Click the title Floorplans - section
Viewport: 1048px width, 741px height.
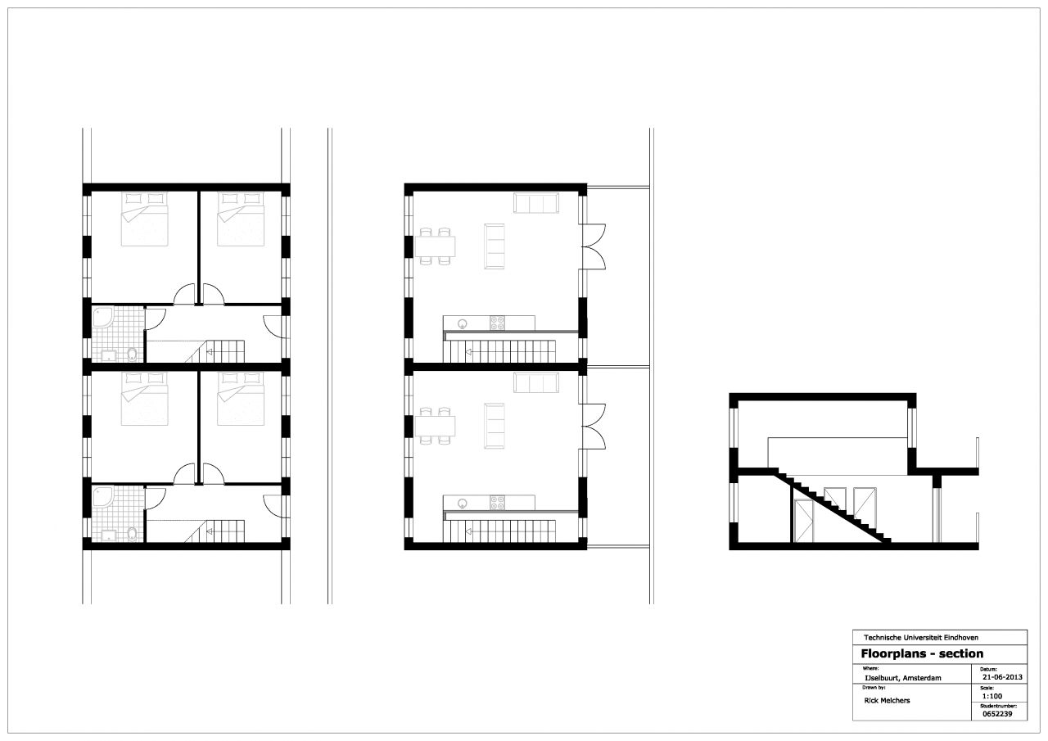click(x=922, y=653)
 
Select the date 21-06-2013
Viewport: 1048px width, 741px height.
click(x=1001, y=677)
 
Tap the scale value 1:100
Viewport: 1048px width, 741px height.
click(x=992, y=696)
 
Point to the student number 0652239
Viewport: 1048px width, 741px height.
click(x=996, y=714)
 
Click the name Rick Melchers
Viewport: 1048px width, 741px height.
click(x=887, y=701)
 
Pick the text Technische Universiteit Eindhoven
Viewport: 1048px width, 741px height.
click(x=921, y=638)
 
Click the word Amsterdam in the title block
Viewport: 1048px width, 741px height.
click(x=922, y=678)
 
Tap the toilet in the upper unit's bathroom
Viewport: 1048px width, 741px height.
click(x=132, y=355)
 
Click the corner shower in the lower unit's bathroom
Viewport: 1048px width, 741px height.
click(x=102, y=497)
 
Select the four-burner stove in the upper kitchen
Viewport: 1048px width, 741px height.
click(x=497, y=323)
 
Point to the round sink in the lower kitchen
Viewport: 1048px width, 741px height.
click(x=463, y=504)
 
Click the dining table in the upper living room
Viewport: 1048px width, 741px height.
click(x=435, y=246)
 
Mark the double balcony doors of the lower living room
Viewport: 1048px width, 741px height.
click(x=594, y=426)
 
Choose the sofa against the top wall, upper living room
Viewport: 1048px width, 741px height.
click(x=536, y=203)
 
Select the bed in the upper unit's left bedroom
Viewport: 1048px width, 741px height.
click(x=145, y=219)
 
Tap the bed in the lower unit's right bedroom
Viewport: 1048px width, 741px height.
click(x=241, y=399)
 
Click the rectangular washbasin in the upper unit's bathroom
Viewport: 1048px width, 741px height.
click(x=110, y=356)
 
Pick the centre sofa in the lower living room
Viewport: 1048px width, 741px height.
click(x=495, y=426)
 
